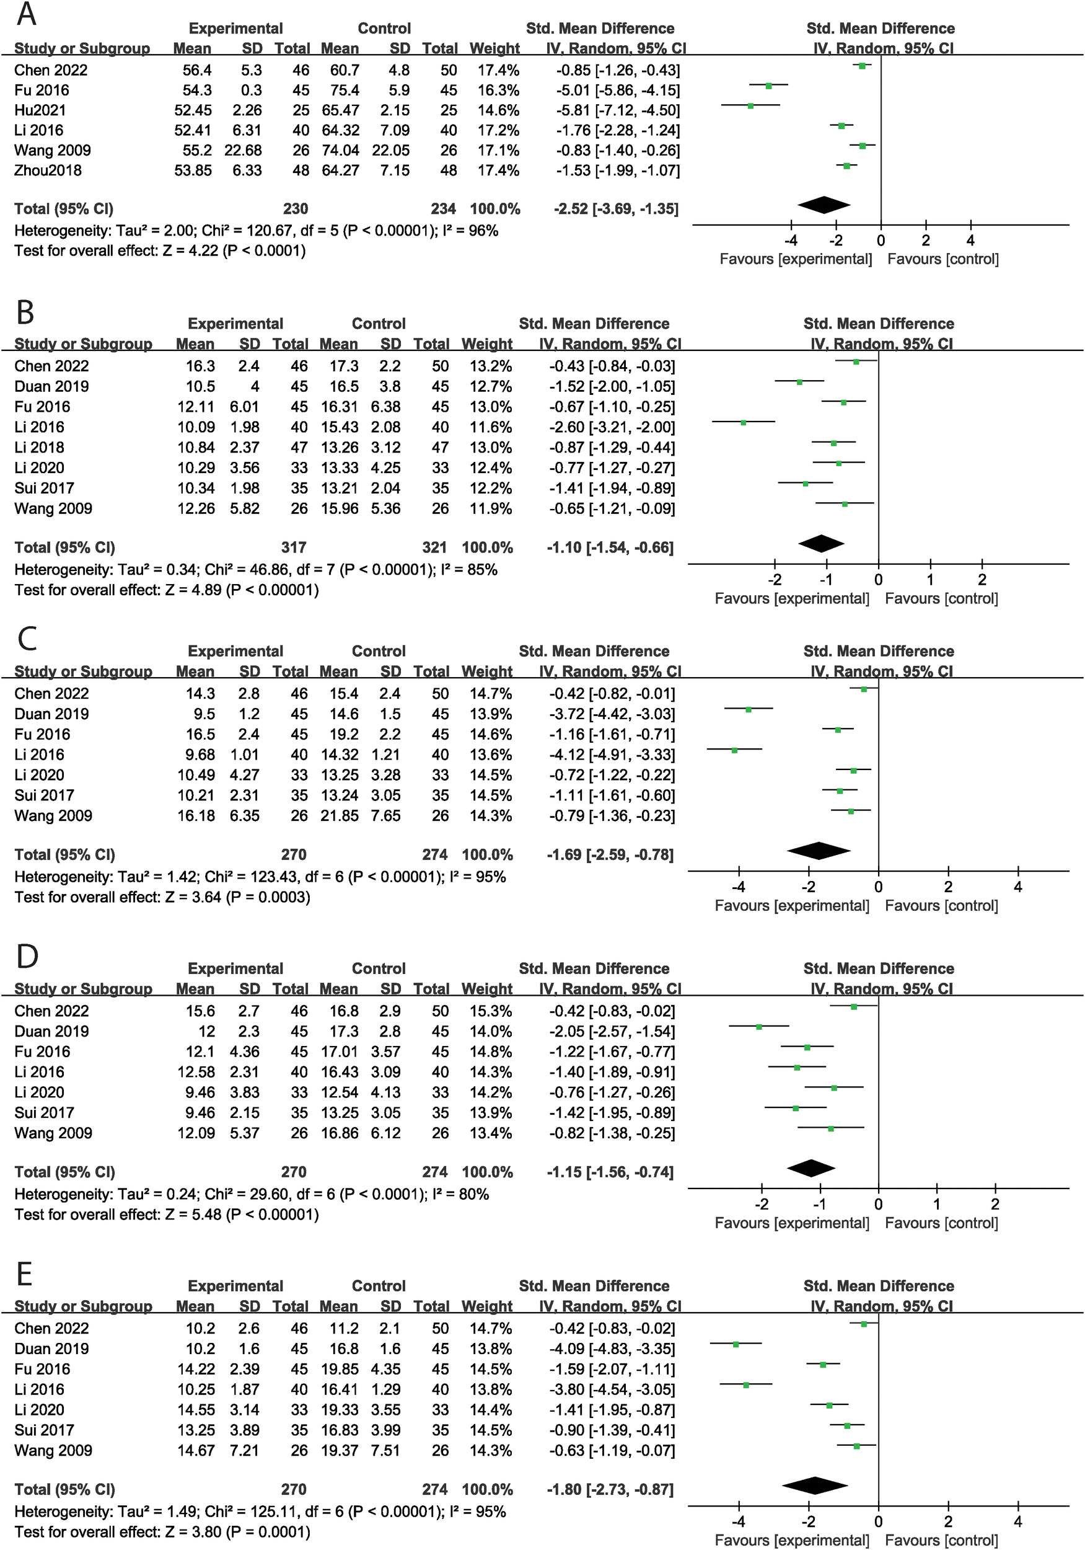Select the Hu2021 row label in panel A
[x=40, y=110]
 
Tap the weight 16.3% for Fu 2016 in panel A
[x=498, y=90]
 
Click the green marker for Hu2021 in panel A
[x=750, y=105]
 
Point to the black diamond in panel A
[x=824, y=205]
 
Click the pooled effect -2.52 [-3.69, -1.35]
[x=616, y=208]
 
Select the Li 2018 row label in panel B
[x=39, y=447]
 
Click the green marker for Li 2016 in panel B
[x=743, y=423]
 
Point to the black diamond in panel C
[x=819, y=851]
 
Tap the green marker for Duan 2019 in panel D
[x=759, y=1027]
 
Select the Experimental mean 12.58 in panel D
[x=196, y=1072]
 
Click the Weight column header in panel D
[x=486, y=989]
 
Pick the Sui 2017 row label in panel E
[x=44, y=1430]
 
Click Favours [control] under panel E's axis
[x=941, y=1540]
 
